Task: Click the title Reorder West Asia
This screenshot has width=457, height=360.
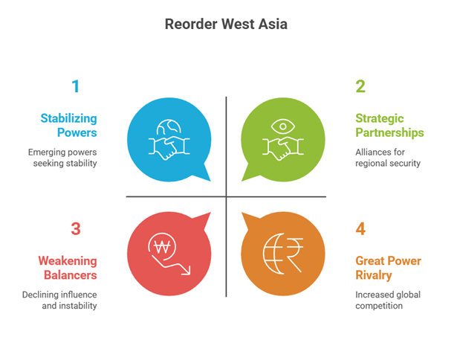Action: (225, 24)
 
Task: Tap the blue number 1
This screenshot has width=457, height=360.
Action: (75, 86)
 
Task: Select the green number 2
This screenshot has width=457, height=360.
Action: (360, 86)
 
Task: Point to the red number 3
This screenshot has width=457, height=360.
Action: (75, 228)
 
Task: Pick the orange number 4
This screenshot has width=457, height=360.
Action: (360, 228)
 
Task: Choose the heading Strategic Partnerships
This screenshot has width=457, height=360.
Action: (389, 125)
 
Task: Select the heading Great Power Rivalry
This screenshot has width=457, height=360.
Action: (388, 268)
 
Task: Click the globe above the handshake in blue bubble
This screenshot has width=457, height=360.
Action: (167, 126)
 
